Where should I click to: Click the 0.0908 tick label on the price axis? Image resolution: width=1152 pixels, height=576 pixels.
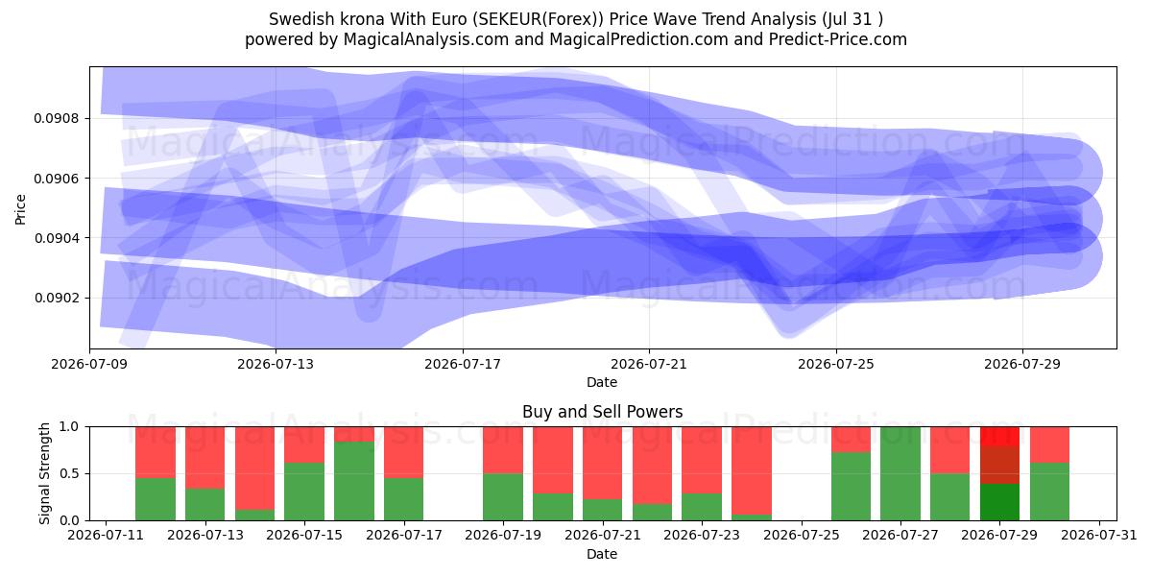57,118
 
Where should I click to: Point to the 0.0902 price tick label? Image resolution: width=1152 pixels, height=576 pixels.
57,298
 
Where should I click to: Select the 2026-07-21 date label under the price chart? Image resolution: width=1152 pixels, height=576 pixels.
649,364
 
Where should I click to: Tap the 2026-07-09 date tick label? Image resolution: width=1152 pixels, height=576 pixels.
89,364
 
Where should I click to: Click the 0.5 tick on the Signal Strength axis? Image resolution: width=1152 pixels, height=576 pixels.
69,473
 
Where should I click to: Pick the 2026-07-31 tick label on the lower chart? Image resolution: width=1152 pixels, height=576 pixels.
1099,535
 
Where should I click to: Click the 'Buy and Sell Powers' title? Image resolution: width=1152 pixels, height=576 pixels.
602,412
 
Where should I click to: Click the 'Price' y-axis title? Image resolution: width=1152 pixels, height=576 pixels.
20,209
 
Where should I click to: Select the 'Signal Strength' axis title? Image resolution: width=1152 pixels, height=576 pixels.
44,473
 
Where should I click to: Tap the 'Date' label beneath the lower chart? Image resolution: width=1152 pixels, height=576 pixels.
602,554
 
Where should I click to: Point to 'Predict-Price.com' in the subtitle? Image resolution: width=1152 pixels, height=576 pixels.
838,39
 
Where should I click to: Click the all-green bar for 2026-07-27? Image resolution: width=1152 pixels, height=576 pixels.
900,473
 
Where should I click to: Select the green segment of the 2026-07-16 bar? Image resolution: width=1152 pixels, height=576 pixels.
354,481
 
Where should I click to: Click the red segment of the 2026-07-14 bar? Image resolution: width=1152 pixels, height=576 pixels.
254,468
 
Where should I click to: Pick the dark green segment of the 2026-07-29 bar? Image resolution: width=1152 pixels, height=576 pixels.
999,502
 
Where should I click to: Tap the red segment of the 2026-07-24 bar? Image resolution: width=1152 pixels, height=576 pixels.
751,470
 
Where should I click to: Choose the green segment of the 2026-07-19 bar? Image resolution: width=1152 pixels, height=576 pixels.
502,497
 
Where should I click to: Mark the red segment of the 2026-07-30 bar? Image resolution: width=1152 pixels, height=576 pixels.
1049,444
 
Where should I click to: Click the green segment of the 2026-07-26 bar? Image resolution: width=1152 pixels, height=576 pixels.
851,486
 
